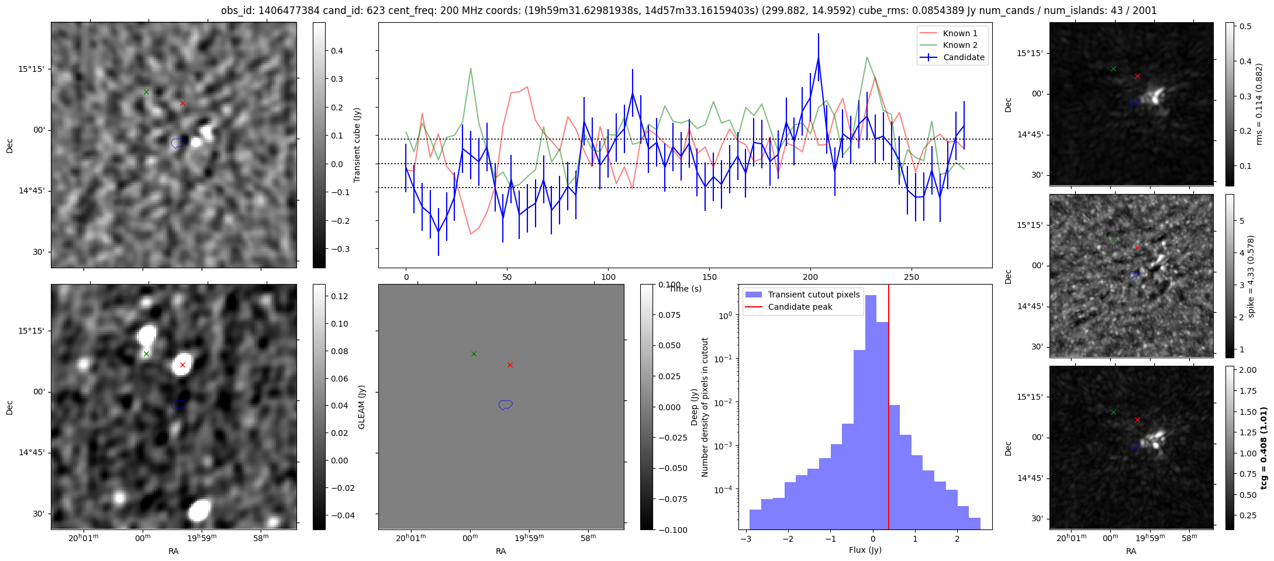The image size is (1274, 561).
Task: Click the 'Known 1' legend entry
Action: (x=960, y=33)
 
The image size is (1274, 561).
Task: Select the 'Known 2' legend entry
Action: (x=960, y=45)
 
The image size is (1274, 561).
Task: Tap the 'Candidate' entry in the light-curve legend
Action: (x=964, y=57)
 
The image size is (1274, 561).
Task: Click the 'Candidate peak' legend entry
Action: (x=800, y=307)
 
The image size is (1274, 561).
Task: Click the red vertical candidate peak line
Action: (x=888, y=409)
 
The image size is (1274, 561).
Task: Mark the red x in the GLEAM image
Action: (x=182, y=365)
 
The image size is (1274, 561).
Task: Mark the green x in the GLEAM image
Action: (x=147, y=354)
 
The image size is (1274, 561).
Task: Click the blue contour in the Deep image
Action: (x=506, y=404)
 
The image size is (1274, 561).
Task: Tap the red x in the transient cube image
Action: (x=182, y=103)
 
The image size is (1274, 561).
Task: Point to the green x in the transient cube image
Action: (x=147, y=92)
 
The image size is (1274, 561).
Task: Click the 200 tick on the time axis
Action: (x=810, y=277)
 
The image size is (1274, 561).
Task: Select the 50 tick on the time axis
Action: (x=507, y=277)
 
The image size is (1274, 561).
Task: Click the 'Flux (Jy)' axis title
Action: (x=865, y=550)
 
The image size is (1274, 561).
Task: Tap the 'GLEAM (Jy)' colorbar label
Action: (x=361, y=407)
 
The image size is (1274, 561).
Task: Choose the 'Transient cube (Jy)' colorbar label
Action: (x=357, y=145)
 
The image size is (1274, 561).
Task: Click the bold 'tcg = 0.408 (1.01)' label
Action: (x=1263, y=448)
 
